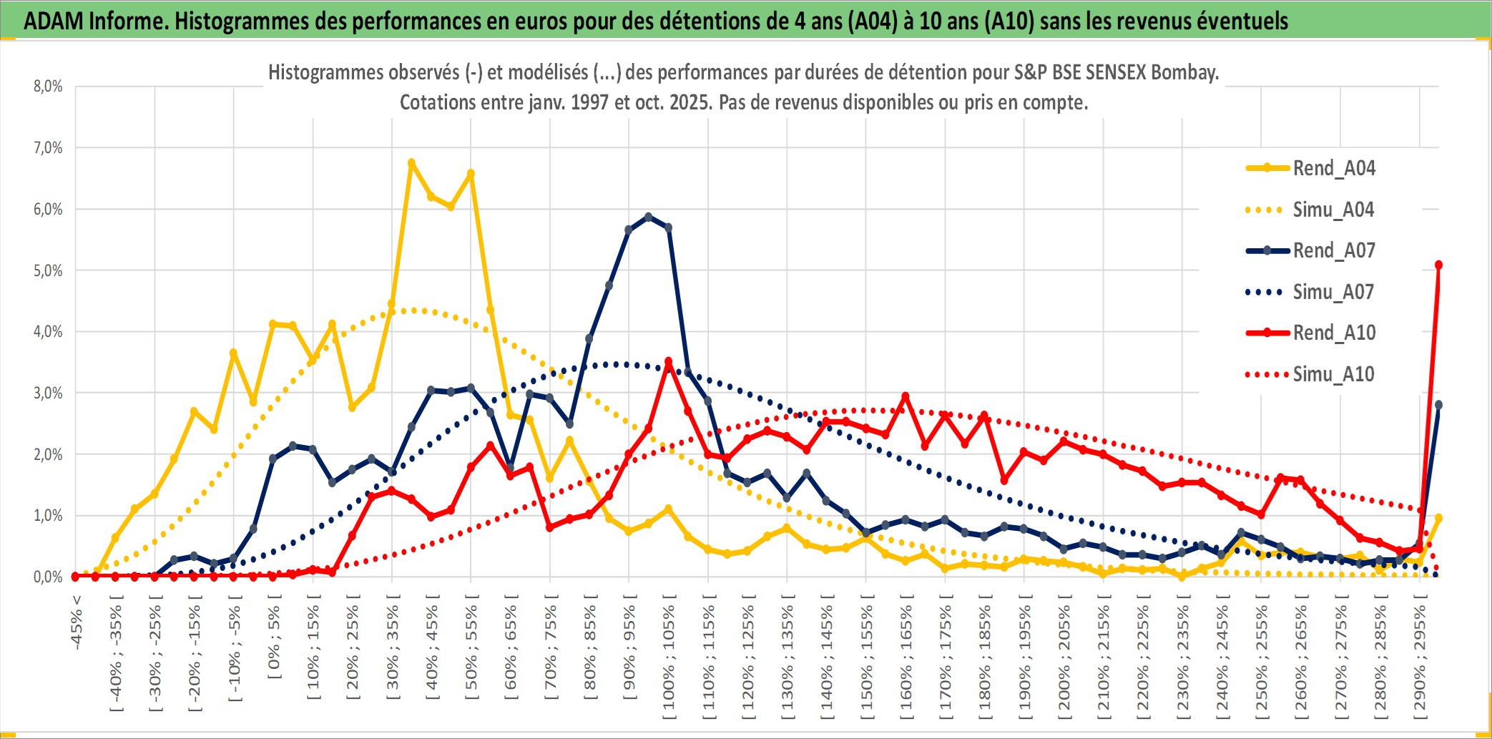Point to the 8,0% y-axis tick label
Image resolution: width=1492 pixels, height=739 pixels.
point(48,87)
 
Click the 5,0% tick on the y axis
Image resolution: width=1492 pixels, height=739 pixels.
point(48,271)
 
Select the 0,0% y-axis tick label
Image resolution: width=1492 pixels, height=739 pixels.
point(48,577)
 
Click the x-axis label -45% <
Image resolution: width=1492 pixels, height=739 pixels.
point(77,622)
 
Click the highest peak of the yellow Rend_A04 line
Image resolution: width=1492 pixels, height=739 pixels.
point(411,163)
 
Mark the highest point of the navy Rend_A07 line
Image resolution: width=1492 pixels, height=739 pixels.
point(648,217)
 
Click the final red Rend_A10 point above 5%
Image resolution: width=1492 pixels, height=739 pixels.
point(1438,265)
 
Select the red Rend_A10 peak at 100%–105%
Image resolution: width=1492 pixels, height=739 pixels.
point(669,362)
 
